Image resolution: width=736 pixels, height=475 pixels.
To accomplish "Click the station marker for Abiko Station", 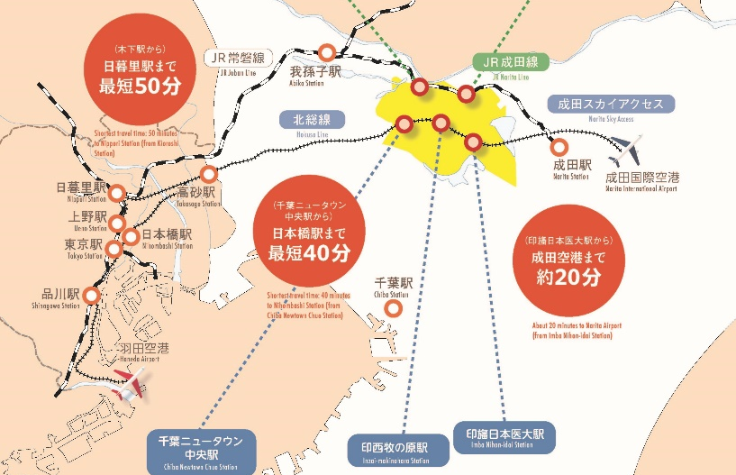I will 327,52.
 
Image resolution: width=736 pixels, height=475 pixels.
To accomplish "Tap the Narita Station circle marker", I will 560,146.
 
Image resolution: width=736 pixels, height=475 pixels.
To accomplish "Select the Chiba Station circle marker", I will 393,309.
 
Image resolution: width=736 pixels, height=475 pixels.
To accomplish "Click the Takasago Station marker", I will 209,174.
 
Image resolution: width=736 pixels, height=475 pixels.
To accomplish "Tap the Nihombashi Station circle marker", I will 131,237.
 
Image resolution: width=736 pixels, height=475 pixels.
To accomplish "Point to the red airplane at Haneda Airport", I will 132,386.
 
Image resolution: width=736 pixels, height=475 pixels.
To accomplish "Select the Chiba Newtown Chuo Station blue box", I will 200,452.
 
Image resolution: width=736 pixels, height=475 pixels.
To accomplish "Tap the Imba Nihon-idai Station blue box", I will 504,437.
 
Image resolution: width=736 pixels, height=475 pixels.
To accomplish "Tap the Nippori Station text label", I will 81,190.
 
